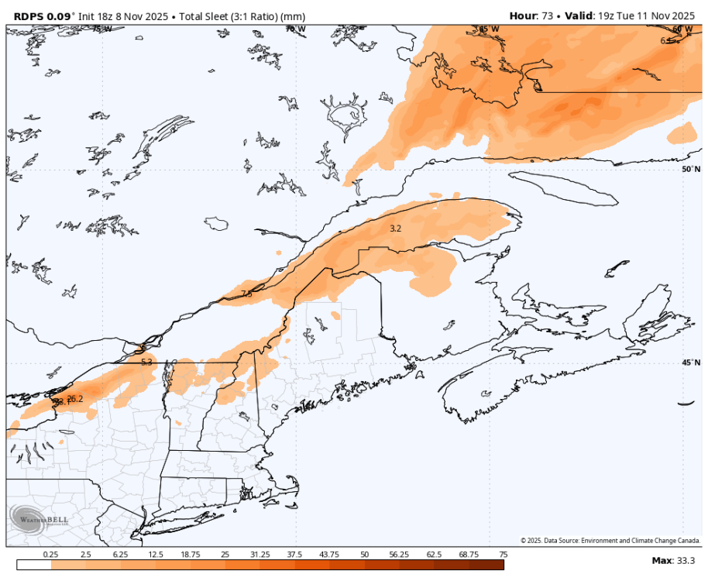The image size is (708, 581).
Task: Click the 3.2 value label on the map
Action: coord(395,229)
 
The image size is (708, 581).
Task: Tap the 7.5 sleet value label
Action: coord(246,294)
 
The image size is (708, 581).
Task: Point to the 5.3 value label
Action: coord(146,362)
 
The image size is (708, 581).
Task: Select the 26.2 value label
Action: coord(74,399)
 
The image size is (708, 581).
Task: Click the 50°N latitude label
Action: coord(689,169)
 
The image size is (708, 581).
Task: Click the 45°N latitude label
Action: coord(689,362)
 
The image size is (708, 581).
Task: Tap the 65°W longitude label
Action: coord(488,29)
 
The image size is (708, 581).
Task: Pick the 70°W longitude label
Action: coord(294,29)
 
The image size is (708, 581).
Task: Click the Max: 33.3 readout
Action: coord(673,561)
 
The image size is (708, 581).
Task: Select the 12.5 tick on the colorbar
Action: coord(155,555)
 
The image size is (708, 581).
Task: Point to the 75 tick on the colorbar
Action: coord(503,555)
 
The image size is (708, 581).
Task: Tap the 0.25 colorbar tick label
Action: coord(51,555)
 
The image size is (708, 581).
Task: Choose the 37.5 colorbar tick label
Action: coord(294,555)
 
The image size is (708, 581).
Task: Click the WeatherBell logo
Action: coord(39,517)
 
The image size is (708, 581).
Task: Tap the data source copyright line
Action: coord(610,541)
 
